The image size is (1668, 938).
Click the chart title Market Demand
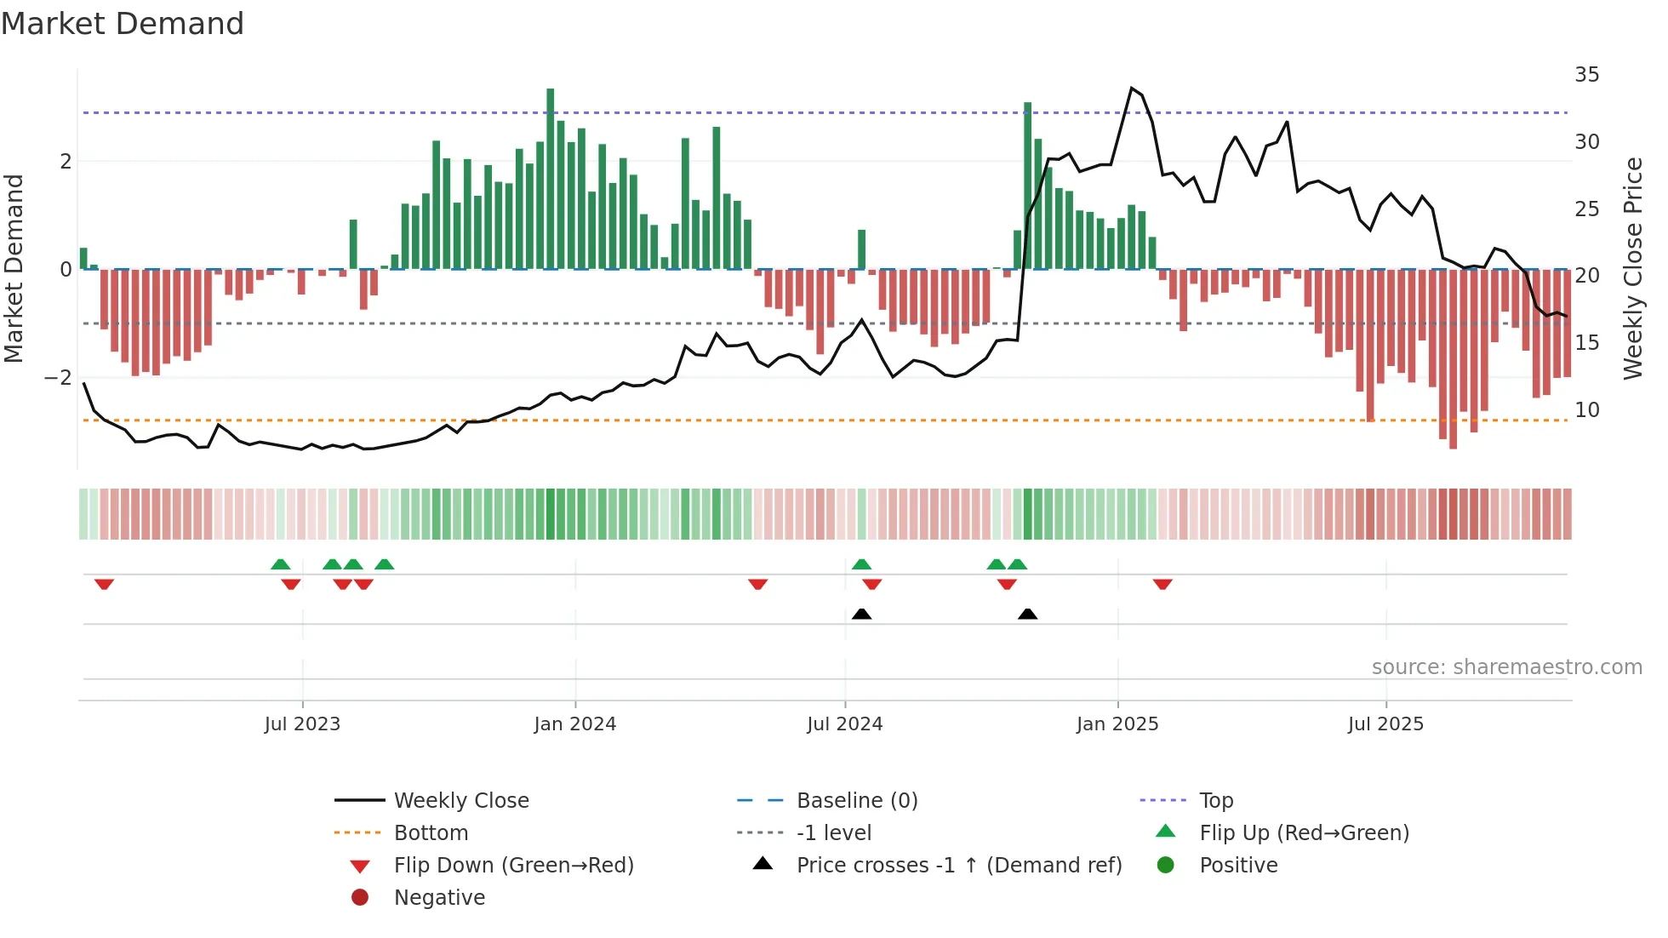tap(123, 24)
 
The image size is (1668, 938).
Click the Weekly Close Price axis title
tap(1632, 268)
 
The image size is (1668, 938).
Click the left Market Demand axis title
tap(14, 268)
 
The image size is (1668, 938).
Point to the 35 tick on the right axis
tap(1586, 75)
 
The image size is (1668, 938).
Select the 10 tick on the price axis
tap(1586, 410)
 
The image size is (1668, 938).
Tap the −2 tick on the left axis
tap(59, 377)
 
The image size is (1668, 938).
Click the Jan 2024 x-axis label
tap(574, 724)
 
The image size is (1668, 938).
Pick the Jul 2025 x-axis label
tap(1385, 724)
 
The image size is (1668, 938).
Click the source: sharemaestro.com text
tap(1506, 667)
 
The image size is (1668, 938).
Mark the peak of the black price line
tap(1131, 88)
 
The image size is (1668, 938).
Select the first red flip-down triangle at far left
tap(104, 584)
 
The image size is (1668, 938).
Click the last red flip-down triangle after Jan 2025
tap(1162, 584)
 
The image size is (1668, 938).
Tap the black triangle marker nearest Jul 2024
tap(861, 614)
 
